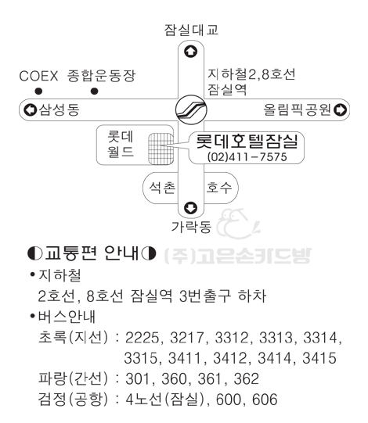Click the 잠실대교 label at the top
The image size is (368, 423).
click(191, 30)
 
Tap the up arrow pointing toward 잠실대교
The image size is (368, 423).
click(191, 52)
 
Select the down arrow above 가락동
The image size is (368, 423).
click(191, 208)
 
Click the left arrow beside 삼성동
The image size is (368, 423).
click(31, 109)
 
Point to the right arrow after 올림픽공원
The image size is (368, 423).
click(340, 109)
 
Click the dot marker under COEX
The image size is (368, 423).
click(38, 91)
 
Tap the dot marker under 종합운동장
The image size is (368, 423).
click(94, 91)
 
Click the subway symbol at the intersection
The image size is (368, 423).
click(191, 109)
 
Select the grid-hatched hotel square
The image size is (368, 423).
click(161, 149)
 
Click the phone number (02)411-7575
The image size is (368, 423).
click(247, 156)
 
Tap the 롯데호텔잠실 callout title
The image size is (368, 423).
click(247, 141)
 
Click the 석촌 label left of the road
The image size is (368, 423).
click(162, 187)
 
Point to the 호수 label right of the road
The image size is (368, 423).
click(219, 187)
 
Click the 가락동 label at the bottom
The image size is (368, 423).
click(191, 227)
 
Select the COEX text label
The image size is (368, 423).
click(38, 76)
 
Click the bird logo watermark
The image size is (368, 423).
click(239, 224)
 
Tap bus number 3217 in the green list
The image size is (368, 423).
click(186, 338)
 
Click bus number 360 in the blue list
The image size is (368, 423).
click(174, 379)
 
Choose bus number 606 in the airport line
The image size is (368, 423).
click(265, 400)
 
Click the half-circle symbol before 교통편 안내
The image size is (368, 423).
click(35, 253)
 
